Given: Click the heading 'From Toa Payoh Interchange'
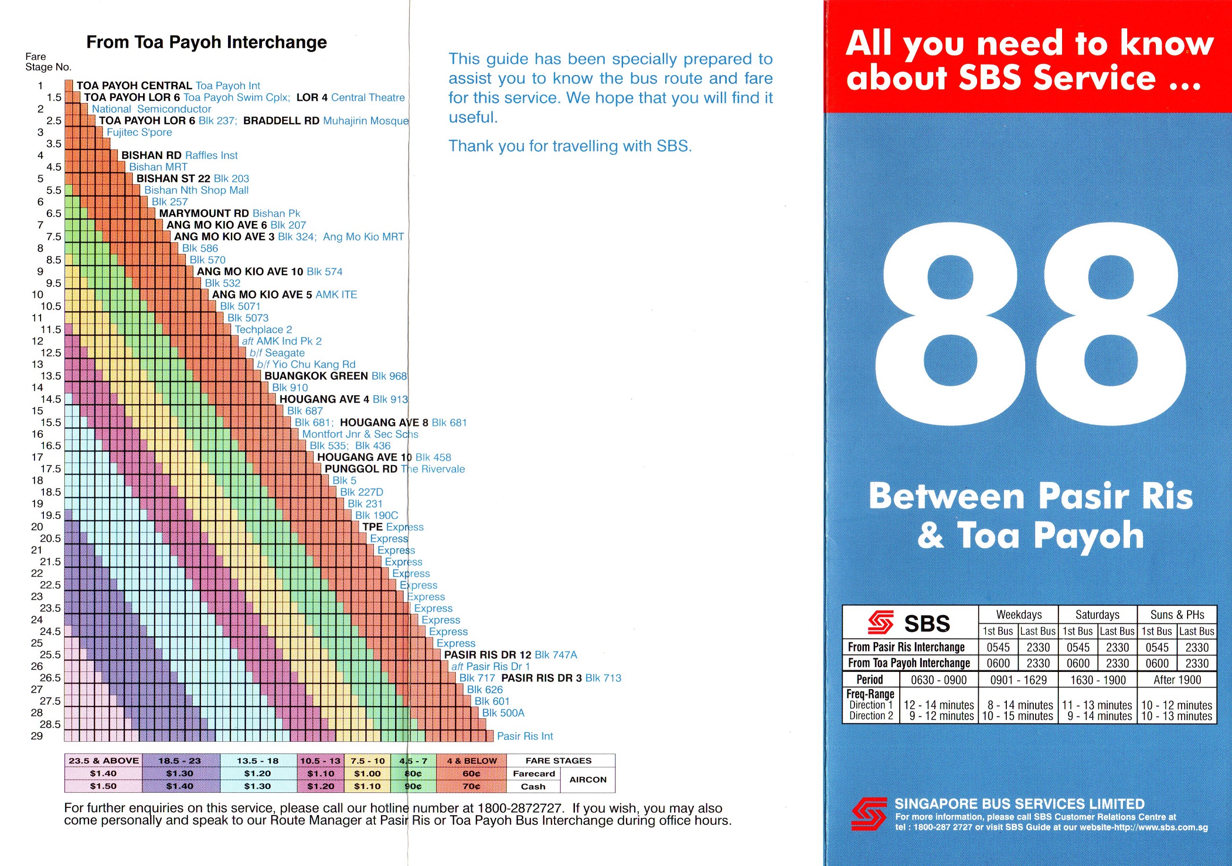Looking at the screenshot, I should [x=207, y=42].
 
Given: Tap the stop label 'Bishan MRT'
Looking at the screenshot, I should [x=158, y=167].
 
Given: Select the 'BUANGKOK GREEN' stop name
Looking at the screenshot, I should [x=316, y=376].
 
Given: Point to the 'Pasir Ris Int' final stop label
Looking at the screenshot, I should [x=524, y=736].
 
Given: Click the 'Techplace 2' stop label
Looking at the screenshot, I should [x=263, y=330].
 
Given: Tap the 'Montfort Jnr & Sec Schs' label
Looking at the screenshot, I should [x=360, y=434].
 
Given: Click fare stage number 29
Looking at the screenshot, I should [x=36, y=736].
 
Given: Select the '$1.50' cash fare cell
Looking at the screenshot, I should [x=103, y=786].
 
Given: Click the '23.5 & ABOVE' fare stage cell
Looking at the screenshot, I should [x=103, y=761].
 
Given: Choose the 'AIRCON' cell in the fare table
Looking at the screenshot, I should [x=588, y=780].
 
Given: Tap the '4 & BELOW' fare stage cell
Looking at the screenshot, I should [x=472, y=761].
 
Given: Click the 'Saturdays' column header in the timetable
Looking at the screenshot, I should [x=1097, y=615].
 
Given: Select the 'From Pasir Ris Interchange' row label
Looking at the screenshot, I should [x=906, y=647].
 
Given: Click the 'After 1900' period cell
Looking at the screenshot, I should [x=1177, y=679].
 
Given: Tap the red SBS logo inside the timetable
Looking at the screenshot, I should [x=880, y=622].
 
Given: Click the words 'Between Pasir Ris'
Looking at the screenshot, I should [x=1030, y=496].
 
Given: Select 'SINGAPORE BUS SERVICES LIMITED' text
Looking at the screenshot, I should [x=1020, y=804].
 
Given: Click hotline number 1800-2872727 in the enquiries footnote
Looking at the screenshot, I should [x=520, y=808].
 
